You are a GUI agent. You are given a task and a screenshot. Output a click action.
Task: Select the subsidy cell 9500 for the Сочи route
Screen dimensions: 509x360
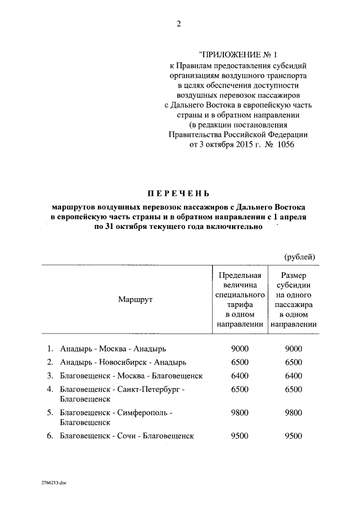tap(294, 436)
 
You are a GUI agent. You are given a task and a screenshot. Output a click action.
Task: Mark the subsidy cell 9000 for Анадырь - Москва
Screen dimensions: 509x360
tap(294, 349)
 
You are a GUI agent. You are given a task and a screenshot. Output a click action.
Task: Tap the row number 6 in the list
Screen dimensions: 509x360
tap(49, 436)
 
